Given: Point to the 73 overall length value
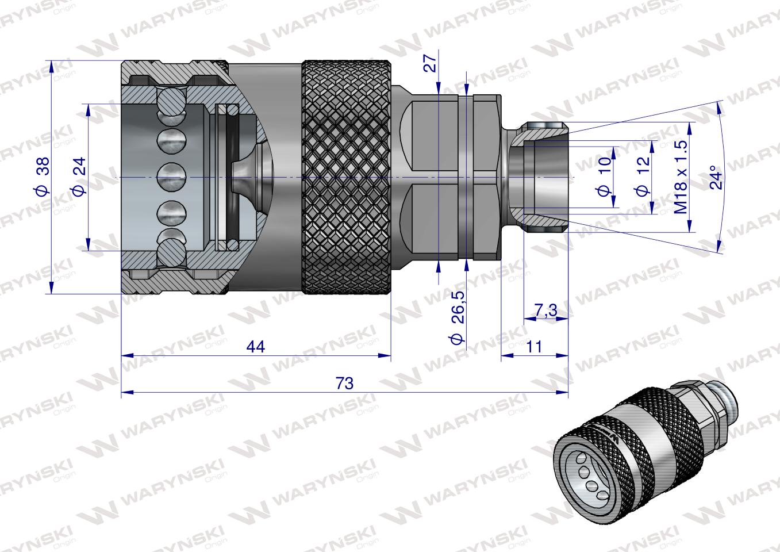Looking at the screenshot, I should [344, 383].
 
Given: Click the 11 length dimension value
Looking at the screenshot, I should [534, 347].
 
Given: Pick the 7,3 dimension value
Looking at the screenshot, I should [545, 310].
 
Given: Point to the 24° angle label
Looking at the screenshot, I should [714, 178].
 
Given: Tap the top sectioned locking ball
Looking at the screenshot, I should [172, 105].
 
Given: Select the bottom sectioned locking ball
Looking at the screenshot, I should [172, 251].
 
